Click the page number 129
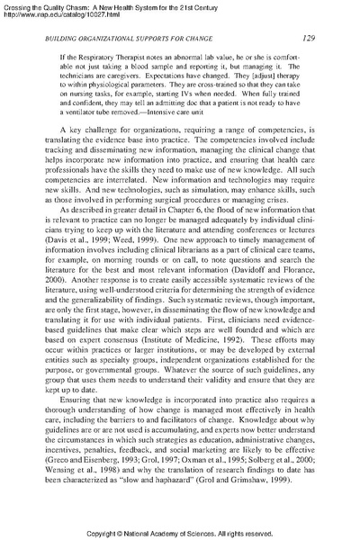click(306, 38)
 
